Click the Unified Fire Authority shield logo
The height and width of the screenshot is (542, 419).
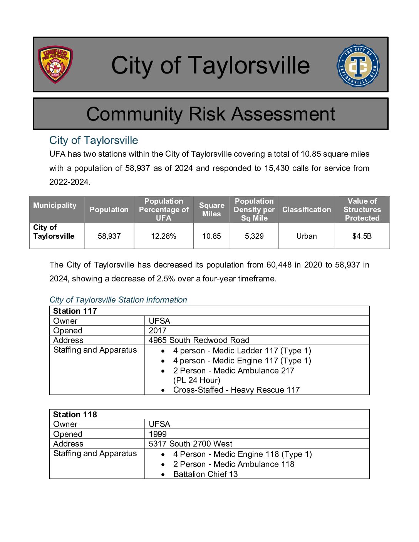(55, 65)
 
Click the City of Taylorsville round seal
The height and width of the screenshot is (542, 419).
(358, 65)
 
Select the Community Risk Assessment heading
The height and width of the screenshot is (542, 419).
(211, 114)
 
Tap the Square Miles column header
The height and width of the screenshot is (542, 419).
(211, 209)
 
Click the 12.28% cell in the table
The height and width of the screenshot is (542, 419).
(163, 236)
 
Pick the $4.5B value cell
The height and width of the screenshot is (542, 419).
(362, 236)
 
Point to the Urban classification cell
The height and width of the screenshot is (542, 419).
(307, 236)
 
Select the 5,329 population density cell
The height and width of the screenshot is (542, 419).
(254, 236)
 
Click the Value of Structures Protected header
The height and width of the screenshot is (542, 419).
(362, 209)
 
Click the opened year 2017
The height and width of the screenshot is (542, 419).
(158, 331)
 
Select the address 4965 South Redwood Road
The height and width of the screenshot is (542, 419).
(199, 340)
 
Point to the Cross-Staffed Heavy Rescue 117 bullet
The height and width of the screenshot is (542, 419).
(236, 390)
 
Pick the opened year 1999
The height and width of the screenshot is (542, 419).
(158, 434)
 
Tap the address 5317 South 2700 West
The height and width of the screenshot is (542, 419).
(190, 444)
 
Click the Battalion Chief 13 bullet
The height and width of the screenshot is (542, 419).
(205, 474)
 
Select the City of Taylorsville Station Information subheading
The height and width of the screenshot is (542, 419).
(118, 300)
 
